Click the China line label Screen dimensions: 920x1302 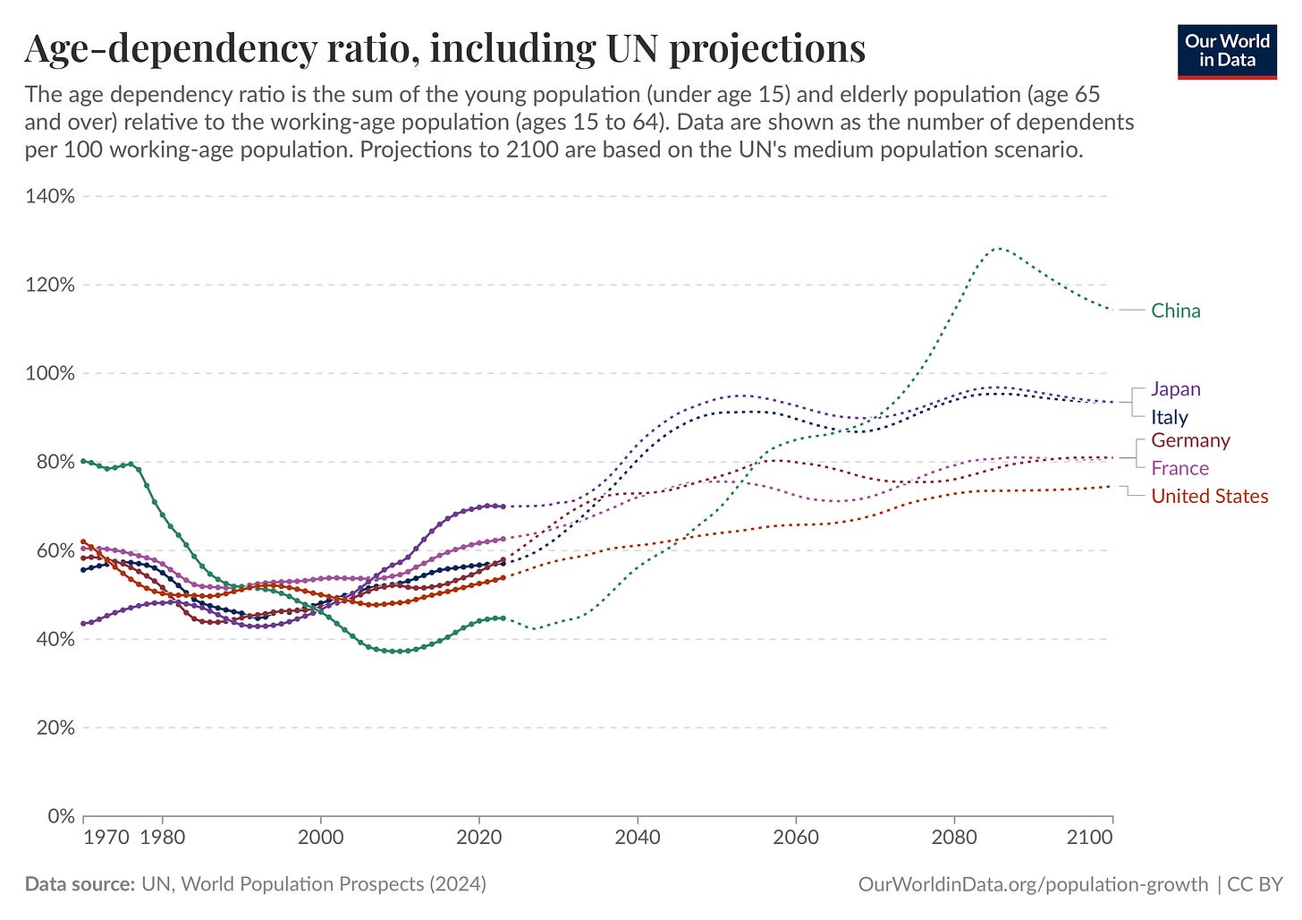click(x=1175, y=311)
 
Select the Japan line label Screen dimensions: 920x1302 click(x=1175, y=388)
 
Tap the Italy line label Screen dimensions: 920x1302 click(x=1169, y=417)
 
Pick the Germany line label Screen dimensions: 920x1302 click(x=1190, y=440)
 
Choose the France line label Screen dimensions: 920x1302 click(x=1179, y=468)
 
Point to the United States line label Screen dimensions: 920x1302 click(x=1209, y=496)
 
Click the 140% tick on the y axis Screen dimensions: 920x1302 click(x=49, y=196)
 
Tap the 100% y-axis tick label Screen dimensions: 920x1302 click(x=49, y=373)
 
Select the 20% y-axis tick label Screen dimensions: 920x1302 click(x=53, y=728)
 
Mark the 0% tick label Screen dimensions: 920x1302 click(x=60, y=816)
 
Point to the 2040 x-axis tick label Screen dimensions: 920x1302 click(x=638, y=838)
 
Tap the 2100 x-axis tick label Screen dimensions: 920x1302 click(x=1090, y=838)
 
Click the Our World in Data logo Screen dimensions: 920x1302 click(x=1226, y=51)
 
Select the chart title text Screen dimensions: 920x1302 click(x=444, y=48)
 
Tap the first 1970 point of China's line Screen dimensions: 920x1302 click(x=83, y=461)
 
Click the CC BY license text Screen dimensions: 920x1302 click(x=1255, y=884)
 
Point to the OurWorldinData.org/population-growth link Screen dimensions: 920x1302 click(x=1033, y=884)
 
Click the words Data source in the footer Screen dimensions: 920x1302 click(x=79, y=884)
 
